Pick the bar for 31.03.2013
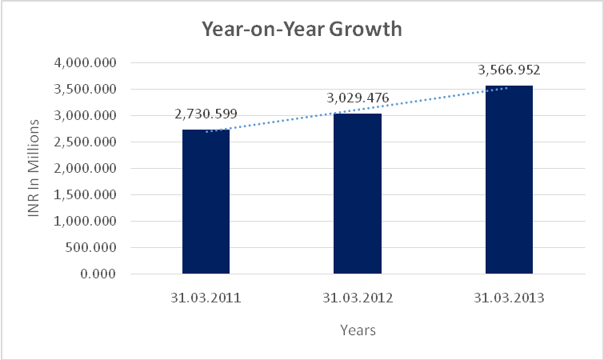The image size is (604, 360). point(509,179)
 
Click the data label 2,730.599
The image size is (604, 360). point(206,114)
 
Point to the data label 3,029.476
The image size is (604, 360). point(358,98)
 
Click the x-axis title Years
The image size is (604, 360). point(358,330)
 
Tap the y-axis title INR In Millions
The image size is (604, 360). point(34,168)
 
